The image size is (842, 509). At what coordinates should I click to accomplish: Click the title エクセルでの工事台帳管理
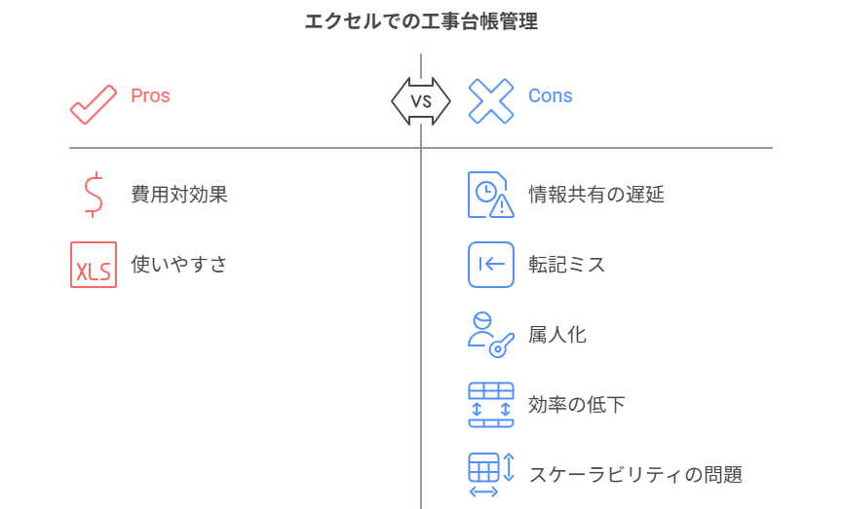point(421,21)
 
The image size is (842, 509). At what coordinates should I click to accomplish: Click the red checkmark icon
point(94,102)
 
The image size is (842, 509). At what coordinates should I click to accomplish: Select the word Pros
point(150,95)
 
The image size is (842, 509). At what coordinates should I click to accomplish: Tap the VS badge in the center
point(421,101)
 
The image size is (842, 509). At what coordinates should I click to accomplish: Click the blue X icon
point(490,101)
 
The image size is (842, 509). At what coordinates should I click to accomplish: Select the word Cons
point(550,95)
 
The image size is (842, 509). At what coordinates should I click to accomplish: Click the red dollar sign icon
point(94,194)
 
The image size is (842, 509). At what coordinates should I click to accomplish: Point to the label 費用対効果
point(179,195)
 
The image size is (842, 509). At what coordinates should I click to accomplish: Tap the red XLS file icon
point(94,265)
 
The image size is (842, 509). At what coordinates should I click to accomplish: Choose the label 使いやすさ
point(179,265)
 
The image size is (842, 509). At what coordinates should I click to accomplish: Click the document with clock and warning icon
point(490,195)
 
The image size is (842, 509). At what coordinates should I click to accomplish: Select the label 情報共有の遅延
point(596,195)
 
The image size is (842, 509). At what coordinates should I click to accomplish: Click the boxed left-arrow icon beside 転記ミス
point(490,265)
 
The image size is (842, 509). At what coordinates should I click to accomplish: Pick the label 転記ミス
point(566,265)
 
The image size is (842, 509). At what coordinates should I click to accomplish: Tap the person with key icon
point(490,335)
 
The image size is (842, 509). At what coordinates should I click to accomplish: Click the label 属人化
point(557,335)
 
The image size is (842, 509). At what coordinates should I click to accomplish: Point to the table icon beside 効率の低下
point(490,405)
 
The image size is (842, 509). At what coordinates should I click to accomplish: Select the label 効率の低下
point(576,405)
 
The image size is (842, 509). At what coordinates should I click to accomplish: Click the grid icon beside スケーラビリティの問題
point(490,475)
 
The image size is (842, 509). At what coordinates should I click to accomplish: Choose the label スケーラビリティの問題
point(635,475)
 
